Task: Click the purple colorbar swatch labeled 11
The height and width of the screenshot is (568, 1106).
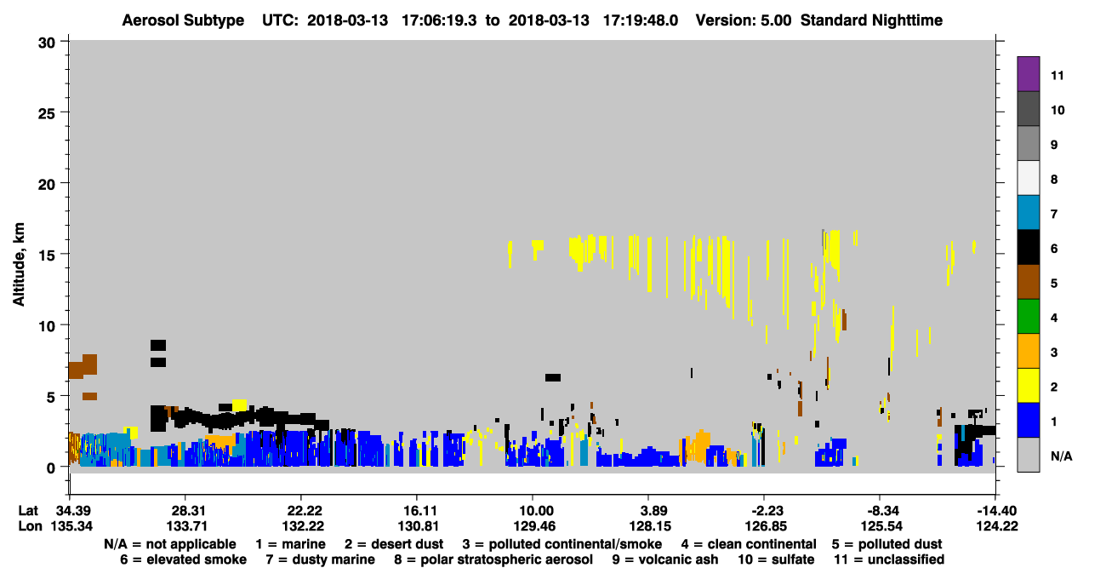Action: coord(1028,74)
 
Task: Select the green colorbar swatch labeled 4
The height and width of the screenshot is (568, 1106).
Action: coord(1028,317)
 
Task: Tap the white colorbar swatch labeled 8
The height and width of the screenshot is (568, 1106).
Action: coord(1028,178)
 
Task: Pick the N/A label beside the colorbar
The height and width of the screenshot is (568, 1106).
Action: coord(1061,456)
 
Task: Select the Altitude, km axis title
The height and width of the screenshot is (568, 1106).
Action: coord(19,264)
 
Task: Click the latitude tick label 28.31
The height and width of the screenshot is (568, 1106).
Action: coord(186,511)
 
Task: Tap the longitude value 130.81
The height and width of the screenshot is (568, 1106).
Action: coord(419,526)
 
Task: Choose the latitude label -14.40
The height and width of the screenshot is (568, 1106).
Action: coord(997,511)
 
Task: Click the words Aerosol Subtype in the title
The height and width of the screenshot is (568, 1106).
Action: coord(183,20)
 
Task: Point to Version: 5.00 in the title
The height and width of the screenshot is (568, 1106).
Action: coord(743,20)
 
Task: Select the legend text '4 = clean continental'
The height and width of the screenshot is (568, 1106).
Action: coord(749,544)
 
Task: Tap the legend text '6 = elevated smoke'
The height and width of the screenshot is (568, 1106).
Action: coord(183,559)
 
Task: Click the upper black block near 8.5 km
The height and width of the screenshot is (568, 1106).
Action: coord(158,345)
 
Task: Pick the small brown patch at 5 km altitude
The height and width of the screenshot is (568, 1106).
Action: coord(89,396)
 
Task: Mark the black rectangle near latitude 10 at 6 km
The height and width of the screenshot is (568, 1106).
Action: coord(553,378)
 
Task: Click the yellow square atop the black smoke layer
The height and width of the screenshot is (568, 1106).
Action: coord(239,405)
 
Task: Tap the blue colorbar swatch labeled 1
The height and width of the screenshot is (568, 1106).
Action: coord(1028,420)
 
